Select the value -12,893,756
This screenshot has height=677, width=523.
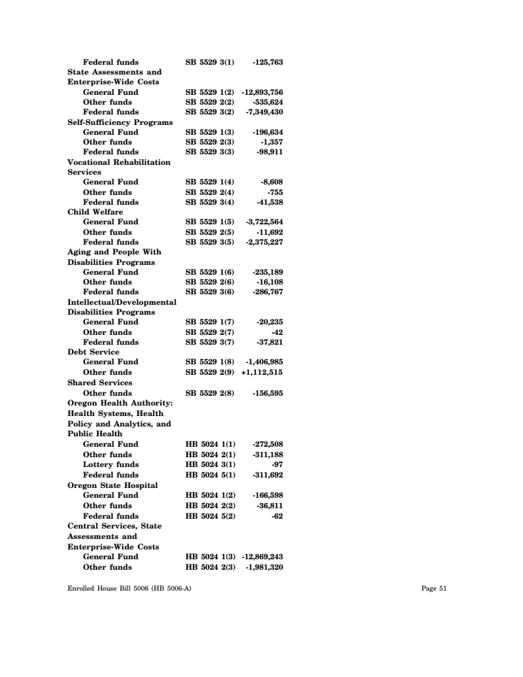point(262,92)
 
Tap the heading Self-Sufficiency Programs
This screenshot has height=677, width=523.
point(120,122)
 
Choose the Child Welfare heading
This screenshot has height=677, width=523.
point(95,212)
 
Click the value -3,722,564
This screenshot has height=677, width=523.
point(264,222)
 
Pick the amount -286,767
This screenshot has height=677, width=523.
point(267,292)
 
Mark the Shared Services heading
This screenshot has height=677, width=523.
point(100,382)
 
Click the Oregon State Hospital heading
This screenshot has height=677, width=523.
point(112,485)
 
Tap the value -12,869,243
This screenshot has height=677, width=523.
point(262,557)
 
